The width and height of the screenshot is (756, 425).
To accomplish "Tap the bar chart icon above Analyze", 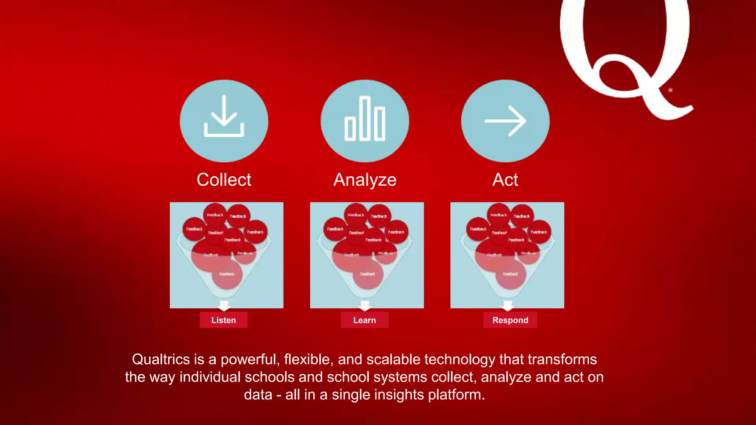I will [x=365, y=119].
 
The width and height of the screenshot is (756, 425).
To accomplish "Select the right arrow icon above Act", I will [x=505, y=121].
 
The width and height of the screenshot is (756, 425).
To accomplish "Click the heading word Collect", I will [x=224, y=180].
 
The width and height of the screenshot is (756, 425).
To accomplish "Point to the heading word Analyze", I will [x=365, y=180].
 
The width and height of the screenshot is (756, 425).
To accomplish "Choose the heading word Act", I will [x=505, y=180].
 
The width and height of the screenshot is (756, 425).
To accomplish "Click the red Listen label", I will [x=223, y=320].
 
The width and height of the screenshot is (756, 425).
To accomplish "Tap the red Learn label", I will [x=364, y=320].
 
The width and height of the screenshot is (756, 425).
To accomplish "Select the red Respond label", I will [x=510, y=320].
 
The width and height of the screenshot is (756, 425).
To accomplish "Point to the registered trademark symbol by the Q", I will [x=670, y=90].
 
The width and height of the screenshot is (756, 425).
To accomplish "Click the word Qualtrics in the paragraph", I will [x=161, y=359].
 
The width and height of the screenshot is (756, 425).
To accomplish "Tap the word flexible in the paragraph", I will [x=306, y=359].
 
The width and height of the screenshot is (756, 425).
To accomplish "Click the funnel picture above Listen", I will [x=226, y=255].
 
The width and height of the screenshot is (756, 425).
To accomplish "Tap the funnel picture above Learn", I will [x=367, y=255].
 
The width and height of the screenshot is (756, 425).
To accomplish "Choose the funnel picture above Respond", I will [x=507, y=255].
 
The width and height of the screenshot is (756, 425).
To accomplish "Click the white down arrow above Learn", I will [x=365, y=305].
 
